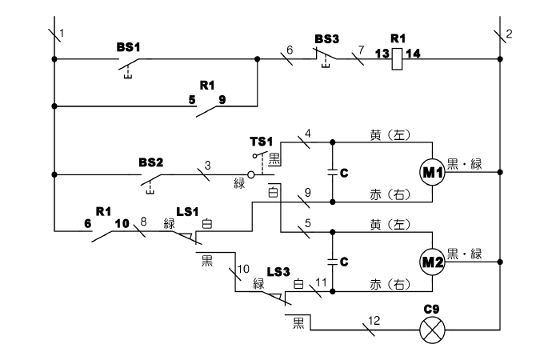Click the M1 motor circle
coord(432,172)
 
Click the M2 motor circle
coord(432,262)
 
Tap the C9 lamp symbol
coord(432,330)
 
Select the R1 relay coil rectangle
coord(397,58)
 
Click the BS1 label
coord(128,47)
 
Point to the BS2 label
coord(150,162)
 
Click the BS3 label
coord(326,39)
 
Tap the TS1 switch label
coord(261,142)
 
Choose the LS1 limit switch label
coord(187,212)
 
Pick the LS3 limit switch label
coord(278,272)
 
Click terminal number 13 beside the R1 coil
coord(382,54)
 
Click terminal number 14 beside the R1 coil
coord(413,54)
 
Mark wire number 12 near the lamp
coord(374,321)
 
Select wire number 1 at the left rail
coord(62,34)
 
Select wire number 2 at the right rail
coord(509,34)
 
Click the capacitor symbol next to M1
coord(333,173)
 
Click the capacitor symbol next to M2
coord(333,262)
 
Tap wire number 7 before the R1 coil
coord(361,50)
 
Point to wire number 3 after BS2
coord(207,166)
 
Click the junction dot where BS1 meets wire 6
coord(257,59)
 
